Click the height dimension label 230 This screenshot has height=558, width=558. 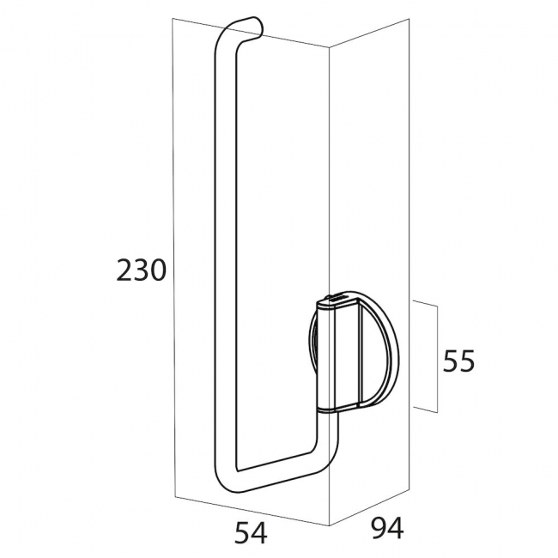click(x=141, y=270)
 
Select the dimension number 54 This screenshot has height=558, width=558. click(x=250, y=533)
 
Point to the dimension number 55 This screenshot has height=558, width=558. click(x=458, y=361)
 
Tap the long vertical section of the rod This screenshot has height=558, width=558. click(x=221, y=258)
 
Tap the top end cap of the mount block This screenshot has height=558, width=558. click(x=337, y=300)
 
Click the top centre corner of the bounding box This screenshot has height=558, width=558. click(x=330, y=49)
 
